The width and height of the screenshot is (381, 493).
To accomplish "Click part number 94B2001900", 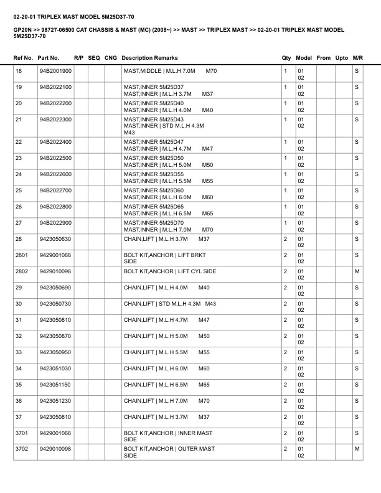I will pyautogui.click(x=55, y=72).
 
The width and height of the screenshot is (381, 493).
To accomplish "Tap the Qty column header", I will pyautogui.click(x=286, y=58).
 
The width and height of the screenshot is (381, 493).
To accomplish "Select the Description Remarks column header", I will pyautogui.click(x=149, y=58).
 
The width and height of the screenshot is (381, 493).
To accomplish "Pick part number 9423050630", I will pyautogui.click(x=55, y=239).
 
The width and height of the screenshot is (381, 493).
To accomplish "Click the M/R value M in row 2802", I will pyautogui.click(x=357, y=271).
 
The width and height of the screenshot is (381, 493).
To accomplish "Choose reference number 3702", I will pyautogui.click(x=21, y=449).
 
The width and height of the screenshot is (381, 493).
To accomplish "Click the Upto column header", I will pyautogui.click(x=341, y=58).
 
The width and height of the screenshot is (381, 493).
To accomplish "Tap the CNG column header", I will pyautogui.click(x=111, y=58).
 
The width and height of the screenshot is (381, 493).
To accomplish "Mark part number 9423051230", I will pyautogui.click(x=55, y=401).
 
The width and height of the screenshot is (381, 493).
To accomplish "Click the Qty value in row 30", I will pyautogui.click(x=285, y=304).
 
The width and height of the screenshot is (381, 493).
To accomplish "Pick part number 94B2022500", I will pyautogui.click(x=55, y=158).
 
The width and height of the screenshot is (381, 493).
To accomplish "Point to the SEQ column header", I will pyautogui.click(x=94, y=58).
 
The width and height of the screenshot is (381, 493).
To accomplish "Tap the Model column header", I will pyautogui.click(x=304, y=58).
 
